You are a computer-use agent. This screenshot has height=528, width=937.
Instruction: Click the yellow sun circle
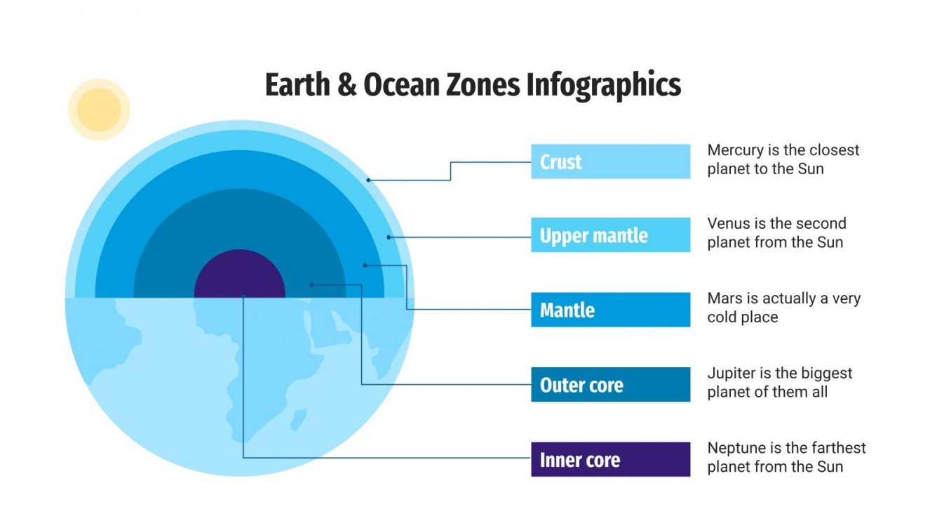click(99, 110)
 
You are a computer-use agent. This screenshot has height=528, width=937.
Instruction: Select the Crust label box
click(610, 161)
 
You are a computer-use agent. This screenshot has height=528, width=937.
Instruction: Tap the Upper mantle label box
click(610, 235)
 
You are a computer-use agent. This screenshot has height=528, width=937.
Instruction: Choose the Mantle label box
click(610, 310)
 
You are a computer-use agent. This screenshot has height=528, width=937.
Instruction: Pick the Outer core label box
click(610, 385)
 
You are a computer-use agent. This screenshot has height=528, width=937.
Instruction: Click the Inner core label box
click(610, 460)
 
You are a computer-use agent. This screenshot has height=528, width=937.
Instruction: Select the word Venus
click(728, 224)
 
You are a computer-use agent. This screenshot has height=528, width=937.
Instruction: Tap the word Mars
click(724, 298)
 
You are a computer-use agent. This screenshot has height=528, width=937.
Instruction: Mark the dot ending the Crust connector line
click(368, 180)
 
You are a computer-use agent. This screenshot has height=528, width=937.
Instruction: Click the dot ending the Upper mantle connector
click(389, 237)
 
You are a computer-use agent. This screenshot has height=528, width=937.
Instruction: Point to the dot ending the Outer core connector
click(312, 285)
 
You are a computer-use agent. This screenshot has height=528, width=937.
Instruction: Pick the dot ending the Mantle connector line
click(365, 265)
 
